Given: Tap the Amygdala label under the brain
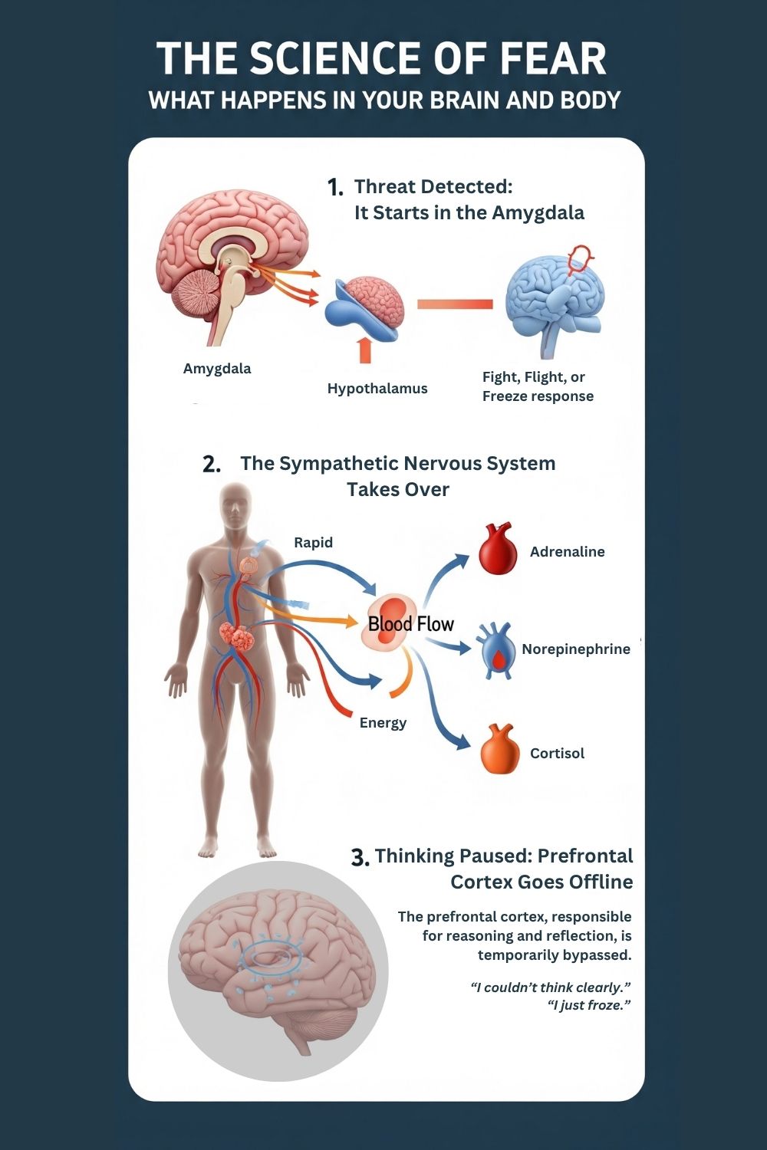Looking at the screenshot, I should [x=217, y=369].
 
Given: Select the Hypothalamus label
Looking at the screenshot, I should [x=377, y=389].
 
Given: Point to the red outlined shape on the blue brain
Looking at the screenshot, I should [x=580, y=261].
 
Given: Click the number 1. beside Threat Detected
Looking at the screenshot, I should [x=335, y=187].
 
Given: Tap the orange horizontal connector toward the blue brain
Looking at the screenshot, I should [x=455, y=304].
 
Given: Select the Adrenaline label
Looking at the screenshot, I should [x=567, y=552].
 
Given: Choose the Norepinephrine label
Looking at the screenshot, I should [x=576, y=649].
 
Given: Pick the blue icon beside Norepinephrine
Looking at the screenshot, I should [x=498, y=651].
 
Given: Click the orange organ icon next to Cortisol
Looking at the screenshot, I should [x=500, y=750].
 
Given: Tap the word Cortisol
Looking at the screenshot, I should [x=557, y=754].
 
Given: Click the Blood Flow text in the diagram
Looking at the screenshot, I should [x=411, y=624].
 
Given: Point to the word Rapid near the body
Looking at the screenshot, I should [x=313, y=543].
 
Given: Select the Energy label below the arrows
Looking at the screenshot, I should [x=383, y=723].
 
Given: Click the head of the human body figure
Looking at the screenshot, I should [x=236, y=506].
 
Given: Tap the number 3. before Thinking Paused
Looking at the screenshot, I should [x=360, y=858].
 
